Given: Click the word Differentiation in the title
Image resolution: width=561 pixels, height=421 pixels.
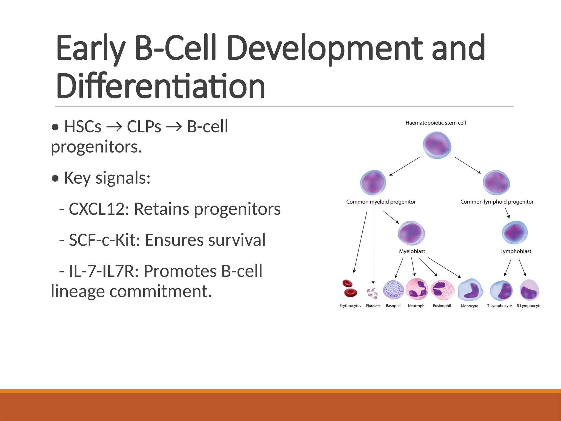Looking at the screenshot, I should (x=161, y=86).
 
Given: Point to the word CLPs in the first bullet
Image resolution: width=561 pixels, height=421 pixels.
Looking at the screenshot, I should (x=144, y=127).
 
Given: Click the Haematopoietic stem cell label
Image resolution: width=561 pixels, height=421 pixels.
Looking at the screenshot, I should (x=436, y=123).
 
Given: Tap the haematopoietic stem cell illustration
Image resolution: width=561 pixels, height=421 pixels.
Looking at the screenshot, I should (x=437, y=145).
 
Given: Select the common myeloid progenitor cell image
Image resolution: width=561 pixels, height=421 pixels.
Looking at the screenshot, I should (x=373, y=183).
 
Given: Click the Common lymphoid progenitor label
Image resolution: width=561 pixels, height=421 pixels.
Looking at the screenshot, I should (x=497, y=202).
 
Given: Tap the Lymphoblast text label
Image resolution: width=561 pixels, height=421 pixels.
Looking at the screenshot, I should (x=516, y=251).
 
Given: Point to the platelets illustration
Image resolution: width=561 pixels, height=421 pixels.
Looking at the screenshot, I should (x=372, y=293).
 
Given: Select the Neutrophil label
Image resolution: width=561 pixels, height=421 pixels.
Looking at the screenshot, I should (x=417, y=306).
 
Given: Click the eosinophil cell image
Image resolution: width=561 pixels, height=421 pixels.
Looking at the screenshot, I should (x=442, y=290).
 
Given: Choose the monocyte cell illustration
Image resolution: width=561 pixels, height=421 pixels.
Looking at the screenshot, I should (x=470, y=291).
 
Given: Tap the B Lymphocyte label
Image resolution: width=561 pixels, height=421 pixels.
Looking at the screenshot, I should (x=529, y=306).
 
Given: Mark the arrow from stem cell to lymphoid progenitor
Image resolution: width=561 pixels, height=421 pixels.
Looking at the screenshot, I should (x=468, y=165).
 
